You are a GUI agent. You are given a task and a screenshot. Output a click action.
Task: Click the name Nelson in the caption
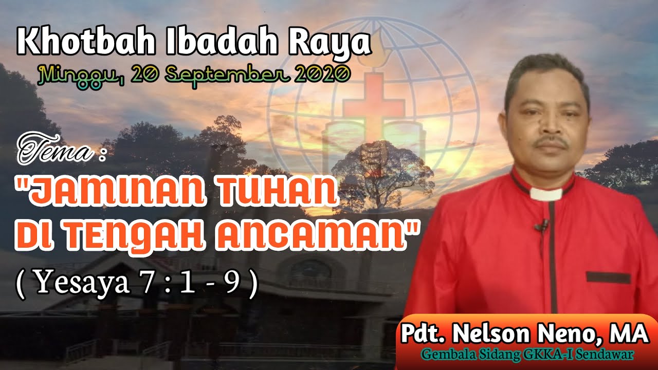pos(492,334)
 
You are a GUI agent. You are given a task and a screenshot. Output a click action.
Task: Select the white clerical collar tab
pos(546,194)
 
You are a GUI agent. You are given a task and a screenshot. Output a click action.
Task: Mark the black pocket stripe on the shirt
pos(608,278)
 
